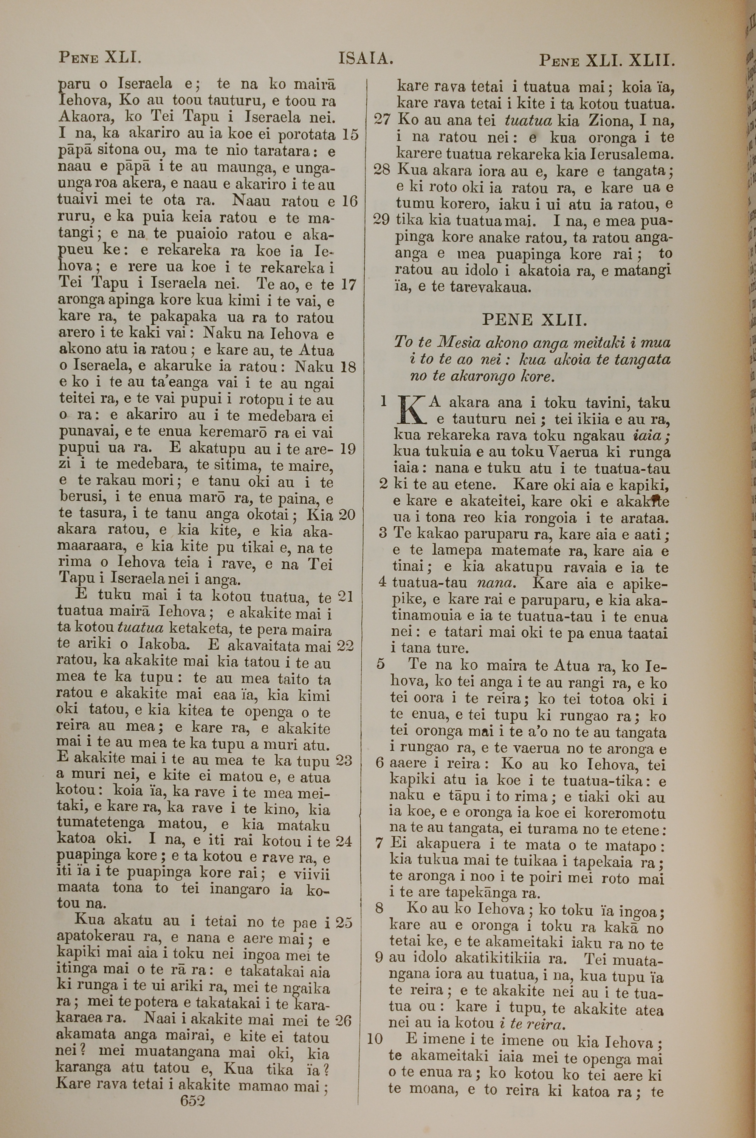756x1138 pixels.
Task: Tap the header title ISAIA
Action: [x=366, y=59]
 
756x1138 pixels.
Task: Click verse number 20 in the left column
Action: [x=347, y=515]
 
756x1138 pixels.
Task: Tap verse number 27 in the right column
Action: [x=382, y=120]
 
